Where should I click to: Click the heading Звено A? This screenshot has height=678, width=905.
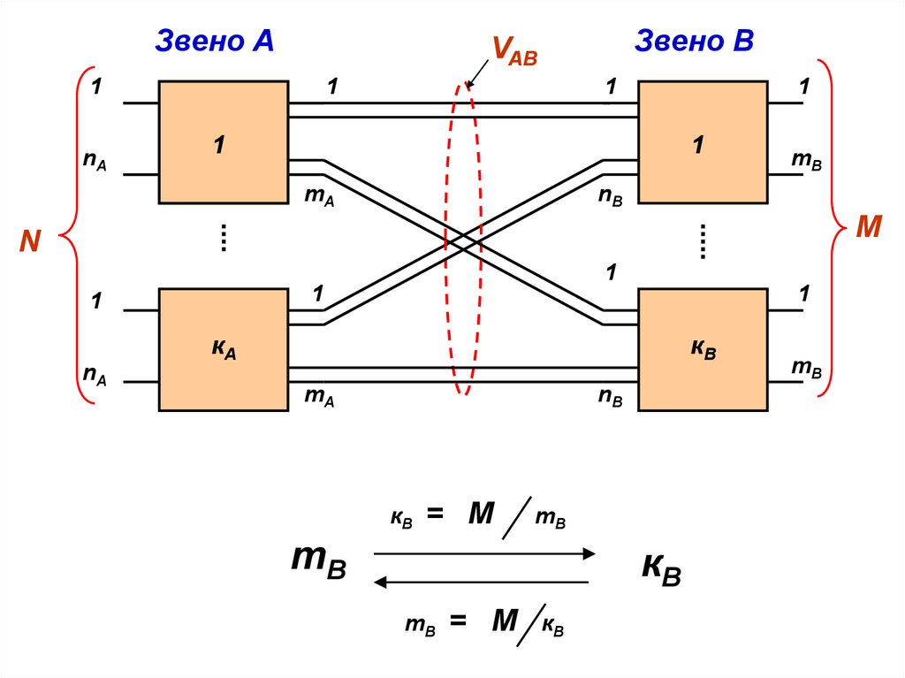pos(214,41)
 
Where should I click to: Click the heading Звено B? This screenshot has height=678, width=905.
pos(694,41)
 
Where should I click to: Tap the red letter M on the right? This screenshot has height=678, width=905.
pos(869,229)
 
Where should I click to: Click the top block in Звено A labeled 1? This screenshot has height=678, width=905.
pos(223,142)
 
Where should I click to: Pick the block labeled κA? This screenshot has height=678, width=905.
pos(223,349)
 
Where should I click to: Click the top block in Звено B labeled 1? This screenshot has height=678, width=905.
pos(703,142)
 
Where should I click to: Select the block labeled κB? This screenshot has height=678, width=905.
pos(703,349)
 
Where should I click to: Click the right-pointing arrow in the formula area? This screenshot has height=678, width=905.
pos(484,553)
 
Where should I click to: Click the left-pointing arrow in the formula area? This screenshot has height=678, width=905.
pos(481,582)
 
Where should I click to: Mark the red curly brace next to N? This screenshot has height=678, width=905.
pos(75,236)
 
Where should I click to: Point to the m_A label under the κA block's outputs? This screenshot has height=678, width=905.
pos(318,397)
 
